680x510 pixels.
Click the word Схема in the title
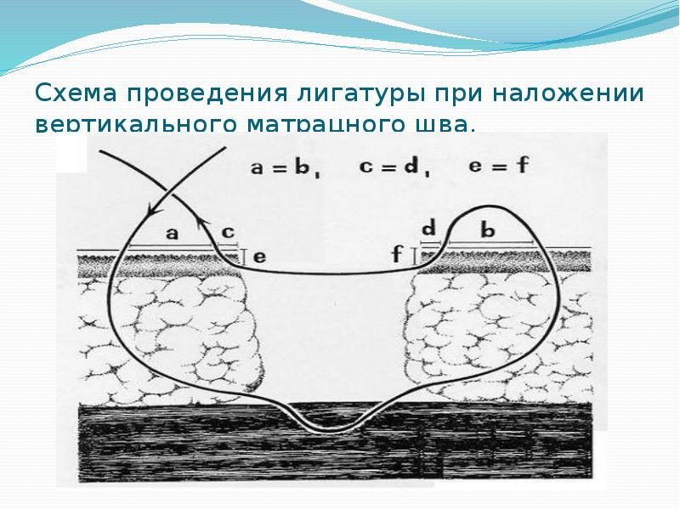tap(70, 92)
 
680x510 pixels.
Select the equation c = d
tap(392, 167)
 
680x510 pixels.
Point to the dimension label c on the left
tap(227, 232)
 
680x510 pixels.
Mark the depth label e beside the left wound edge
tap(259, 255)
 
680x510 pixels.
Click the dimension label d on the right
tap(428, 227)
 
